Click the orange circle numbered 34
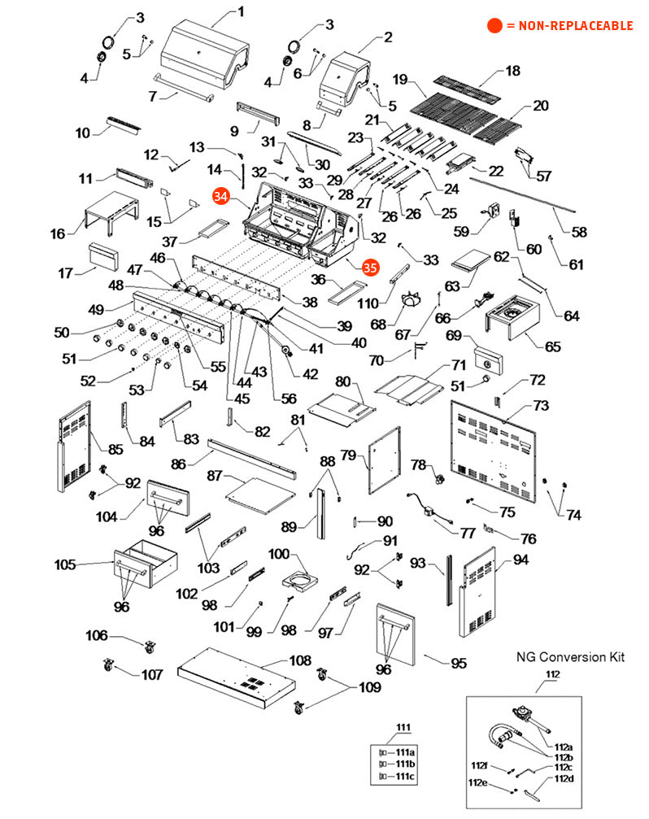coord(220,196)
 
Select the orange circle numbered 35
coord(370,266)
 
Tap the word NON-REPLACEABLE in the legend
coord(569,26)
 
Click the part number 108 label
coord(301,660)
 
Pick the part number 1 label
coord(240,11)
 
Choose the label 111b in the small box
coord(404,765)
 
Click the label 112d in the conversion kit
coord(564,778)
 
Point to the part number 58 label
coord(578,233)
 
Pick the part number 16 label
coord(58,234)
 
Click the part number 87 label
coord(215,475)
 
